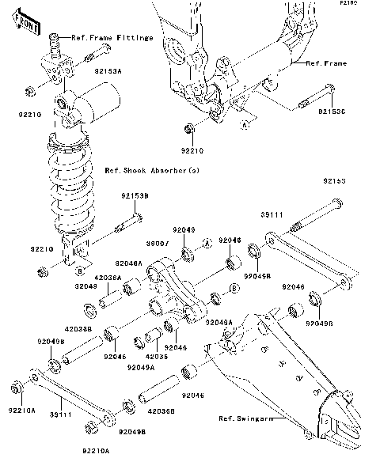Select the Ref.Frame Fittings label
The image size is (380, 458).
[112, 38]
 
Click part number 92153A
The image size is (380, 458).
[108, 71]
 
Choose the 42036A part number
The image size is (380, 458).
[108, 278]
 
